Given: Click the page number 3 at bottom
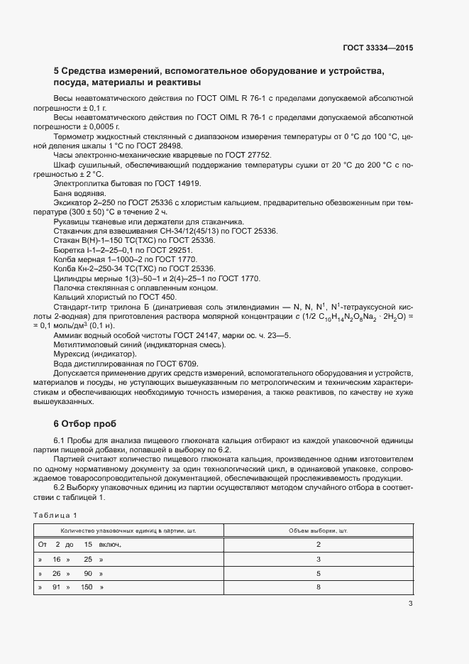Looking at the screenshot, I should [410, 604].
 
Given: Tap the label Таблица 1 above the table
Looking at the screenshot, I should [55, 514].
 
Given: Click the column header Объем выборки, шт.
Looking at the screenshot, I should [319, 530].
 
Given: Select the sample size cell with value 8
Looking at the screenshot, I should [319, 587].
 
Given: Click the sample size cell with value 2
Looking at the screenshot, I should [319, 545].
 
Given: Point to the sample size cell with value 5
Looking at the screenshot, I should [319, 573].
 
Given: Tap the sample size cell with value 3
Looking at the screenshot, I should [319, 559].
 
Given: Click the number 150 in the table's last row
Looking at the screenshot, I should [87, 587].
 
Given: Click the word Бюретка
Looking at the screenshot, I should [69, 251].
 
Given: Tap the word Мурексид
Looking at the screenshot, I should [72, 354].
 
